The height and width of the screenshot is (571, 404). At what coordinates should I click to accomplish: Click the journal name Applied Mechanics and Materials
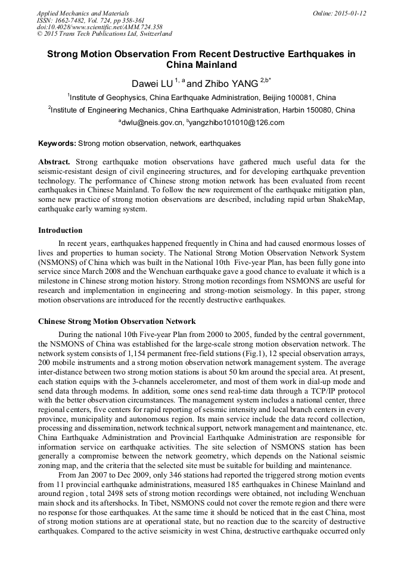coord(83,13)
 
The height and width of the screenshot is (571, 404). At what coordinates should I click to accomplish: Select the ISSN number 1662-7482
coord(74,20)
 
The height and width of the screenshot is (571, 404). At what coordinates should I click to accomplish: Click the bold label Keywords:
coord(57,143)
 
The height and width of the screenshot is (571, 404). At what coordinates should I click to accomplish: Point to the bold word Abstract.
coord(54,162)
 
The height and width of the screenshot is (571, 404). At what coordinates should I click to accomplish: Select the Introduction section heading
coord(60,230)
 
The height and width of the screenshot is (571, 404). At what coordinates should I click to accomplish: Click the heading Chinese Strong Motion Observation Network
coord(117,321)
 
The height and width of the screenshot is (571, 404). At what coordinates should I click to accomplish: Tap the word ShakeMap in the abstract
coord(346,200)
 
